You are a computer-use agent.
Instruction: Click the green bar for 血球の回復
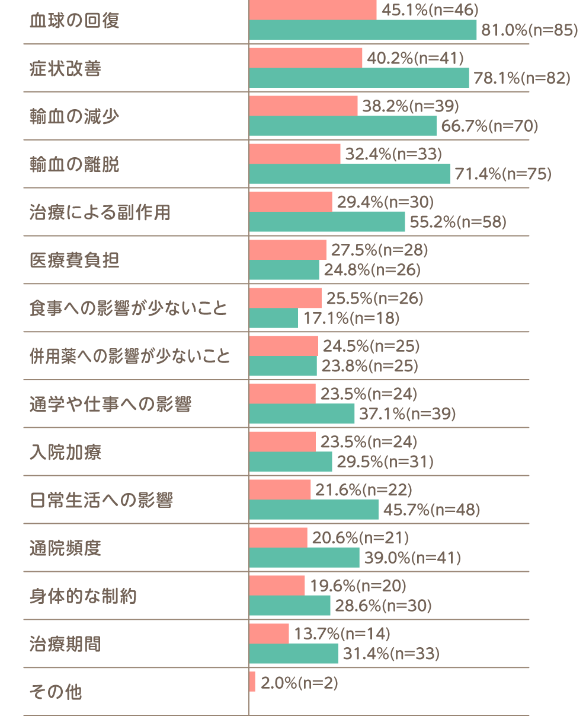click(x=363, y=30)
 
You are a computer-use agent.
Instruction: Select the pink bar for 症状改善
click(x=306, y=58)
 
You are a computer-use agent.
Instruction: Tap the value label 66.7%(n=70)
click(x=489, y=126)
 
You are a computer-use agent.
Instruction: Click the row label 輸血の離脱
click(x=74, y=164)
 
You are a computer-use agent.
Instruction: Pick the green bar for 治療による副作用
click(x=327, y=222)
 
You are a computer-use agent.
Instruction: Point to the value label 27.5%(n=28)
click(x=379, y=250)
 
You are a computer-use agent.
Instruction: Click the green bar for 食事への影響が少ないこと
click(x=273, y=318)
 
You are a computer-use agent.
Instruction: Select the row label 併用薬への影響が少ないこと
click(x=130, y=356)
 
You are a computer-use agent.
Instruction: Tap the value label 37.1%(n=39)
click(x=407, y=413)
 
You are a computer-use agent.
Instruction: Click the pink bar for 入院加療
click(x=282, y=442)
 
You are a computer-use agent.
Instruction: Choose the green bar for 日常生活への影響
click(x=313, y=509)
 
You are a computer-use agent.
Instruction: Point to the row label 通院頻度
click(x=65, y=548)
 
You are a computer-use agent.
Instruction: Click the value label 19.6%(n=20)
click(x=358, y=585)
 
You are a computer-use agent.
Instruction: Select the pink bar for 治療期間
click(x=269, y=634)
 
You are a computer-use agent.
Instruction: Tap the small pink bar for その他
click(x=252, y=682)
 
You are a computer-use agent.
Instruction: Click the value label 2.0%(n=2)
click(x=299, y=683)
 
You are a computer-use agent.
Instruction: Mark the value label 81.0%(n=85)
click(x=529, y=30)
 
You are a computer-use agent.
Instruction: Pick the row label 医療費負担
click(x=74, y=260)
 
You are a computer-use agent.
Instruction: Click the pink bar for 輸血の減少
click(x=303, y=106)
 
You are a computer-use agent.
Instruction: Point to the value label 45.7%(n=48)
click(x=432, y=510)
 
